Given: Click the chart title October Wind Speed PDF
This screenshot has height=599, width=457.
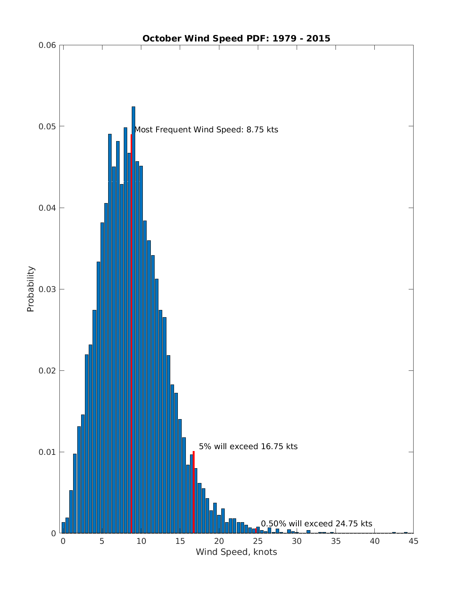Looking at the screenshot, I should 236,38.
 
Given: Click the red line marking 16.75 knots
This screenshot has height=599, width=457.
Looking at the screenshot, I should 193,492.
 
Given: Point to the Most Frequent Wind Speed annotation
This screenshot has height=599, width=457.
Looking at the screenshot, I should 206,130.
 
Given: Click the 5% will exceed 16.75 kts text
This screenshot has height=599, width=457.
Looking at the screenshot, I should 248,446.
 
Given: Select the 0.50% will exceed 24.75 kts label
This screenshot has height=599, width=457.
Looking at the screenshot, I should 316,524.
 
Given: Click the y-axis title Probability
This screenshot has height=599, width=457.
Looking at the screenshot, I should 30,289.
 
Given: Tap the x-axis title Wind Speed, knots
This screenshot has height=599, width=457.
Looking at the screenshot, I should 236,552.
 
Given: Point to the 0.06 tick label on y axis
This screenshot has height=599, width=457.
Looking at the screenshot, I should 47,45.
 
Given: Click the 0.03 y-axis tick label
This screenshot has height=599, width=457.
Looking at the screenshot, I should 47,289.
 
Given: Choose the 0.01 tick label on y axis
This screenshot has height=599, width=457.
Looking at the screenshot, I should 47,452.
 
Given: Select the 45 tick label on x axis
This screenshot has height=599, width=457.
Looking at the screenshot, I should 413,541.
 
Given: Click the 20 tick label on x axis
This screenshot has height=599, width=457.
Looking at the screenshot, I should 219,541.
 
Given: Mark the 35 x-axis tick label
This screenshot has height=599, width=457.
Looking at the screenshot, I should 336,541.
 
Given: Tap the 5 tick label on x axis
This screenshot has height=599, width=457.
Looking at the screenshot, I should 102,541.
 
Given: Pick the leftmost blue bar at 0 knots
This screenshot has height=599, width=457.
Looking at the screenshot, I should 63,528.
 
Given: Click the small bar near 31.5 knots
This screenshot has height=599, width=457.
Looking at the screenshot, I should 308,532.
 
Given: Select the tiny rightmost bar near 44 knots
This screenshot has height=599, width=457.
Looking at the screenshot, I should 406,532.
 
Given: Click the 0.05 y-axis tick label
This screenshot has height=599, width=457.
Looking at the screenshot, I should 47,127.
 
